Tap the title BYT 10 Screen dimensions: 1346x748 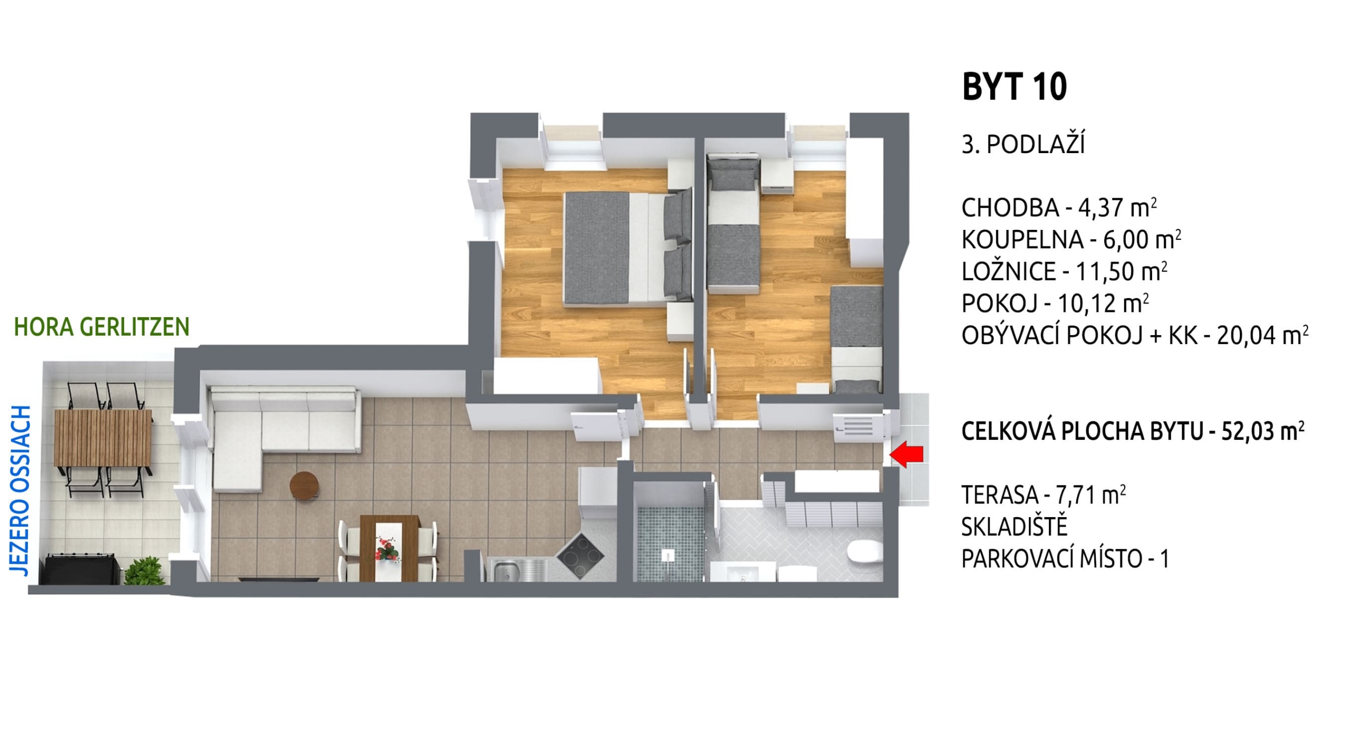click(1014, 87)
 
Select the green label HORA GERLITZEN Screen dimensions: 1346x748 click(101, 327)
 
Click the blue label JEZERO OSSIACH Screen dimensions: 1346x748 click(20, 491)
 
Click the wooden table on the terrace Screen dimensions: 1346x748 click(103, 438)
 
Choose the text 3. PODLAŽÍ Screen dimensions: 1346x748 click(1023, 144)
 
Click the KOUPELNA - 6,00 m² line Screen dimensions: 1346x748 click(1072, 240)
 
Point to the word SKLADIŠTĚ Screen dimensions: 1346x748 click(1014, 526)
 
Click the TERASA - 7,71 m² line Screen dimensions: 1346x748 click(1044, 495)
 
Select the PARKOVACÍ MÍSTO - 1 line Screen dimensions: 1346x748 click(1065, 558)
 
